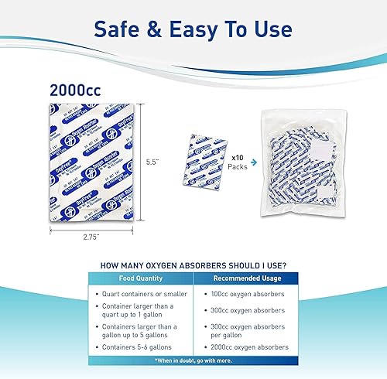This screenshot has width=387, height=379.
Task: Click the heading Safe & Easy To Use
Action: tap(193, 29)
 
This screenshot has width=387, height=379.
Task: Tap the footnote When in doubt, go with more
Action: tap(247, 362)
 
